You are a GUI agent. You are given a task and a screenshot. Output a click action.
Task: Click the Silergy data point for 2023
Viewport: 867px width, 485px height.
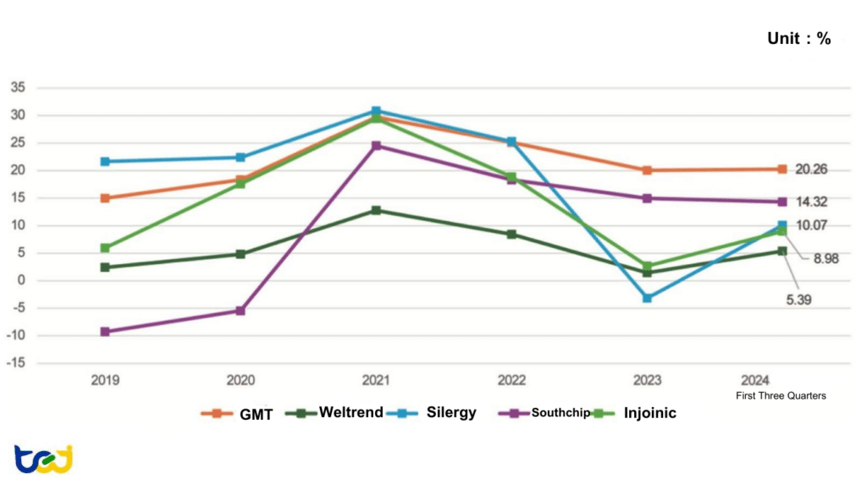[647, 298]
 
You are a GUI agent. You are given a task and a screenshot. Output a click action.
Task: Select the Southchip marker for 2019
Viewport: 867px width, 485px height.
[105, 332]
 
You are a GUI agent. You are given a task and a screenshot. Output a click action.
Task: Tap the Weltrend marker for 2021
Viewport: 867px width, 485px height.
[376, 210]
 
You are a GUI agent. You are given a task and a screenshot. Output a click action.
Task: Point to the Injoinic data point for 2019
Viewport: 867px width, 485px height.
[105, 248]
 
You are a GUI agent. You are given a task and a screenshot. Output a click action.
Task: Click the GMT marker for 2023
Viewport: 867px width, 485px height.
[647, 170]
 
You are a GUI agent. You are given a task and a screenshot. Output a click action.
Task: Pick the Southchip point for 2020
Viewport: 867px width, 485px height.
[240, 311]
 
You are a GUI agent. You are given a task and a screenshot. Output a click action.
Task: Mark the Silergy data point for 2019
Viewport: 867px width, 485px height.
[105, 161]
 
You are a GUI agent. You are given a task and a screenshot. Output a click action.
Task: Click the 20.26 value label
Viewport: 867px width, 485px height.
[811, 169]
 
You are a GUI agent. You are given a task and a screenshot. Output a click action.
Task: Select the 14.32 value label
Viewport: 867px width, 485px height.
[811, 202]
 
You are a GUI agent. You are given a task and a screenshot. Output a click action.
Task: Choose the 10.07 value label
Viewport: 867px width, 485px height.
[811, 225]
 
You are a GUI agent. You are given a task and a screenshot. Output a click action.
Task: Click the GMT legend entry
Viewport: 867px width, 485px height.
[236, 414]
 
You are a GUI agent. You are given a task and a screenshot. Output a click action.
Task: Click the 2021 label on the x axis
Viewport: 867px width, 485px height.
[376, 381]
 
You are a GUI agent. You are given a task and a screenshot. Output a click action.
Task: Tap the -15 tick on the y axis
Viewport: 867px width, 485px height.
[16, 363]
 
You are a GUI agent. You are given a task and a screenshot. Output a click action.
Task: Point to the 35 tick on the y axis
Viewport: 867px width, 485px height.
[18, 87]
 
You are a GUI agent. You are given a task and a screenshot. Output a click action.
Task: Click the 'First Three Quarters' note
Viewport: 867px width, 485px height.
[781, 395]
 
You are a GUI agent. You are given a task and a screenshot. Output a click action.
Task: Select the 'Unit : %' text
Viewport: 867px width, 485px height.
[798, 38]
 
